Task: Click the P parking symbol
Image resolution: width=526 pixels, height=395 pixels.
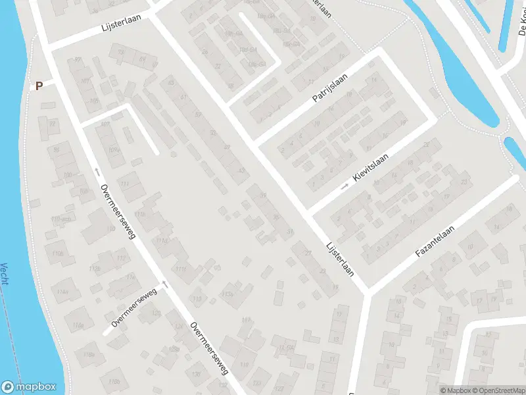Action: [39, 86]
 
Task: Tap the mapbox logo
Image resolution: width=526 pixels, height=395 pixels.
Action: [29, 387]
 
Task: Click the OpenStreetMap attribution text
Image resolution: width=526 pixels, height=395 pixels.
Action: [498, 390]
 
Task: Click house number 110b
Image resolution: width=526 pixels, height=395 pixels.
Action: [58, 253]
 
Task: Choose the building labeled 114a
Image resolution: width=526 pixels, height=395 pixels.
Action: [62, 292]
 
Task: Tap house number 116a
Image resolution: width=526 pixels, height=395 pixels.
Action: [78, 326]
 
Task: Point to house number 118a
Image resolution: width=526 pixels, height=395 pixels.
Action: [89, 354]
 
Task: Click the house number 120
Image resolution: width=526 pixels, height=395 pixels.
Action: [156, 313]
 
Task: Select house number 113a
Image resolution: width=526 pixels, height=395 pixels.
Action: [229, 294]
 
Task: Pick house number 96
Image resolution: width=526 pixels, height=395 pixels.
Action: [57, 149]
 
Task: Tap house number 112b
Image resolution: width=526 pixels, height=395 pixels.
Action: [95, 269]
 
